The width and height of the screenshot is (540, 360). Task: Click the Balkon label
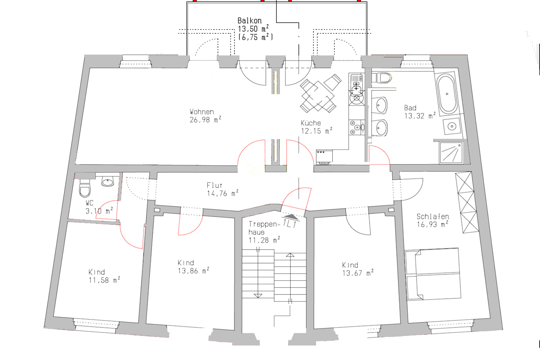click(249, 21)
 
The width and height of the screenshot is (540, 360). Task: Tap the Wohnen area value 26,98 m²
click(206, 120)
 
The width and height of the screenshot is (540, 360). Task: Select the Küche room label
click(311, 123)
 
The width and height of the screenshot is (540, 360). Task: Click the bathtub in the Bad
click(447, 94)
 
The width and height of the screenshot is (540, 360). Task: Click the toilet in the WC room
click(85, 188)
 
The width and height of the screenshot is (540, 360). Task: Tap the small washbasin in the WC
click(108, 181)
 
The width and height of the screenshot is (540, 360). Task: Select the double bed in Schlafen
click(433, 274)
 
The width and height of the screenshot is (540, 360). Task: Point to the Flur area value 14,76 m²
click(222, 193)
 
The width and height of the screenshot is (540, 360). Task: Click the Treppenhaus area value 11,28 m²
click(264, 240)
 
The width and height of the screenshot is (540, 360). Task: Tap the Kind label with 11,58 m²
click(96, 272)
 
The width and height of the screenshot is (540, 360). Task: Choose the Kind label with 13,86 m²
click(186, 262)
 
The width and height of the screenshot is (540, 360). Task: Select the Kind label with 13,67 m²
click(350, 265)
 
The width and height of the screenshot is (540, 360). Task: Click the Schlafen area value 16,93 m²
click(432, 225)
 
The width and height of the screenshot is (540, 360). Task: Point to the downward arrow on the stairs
click(258, 296)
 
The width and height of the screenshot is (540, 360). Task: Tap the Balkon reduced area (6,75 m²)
click(256, 37)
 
